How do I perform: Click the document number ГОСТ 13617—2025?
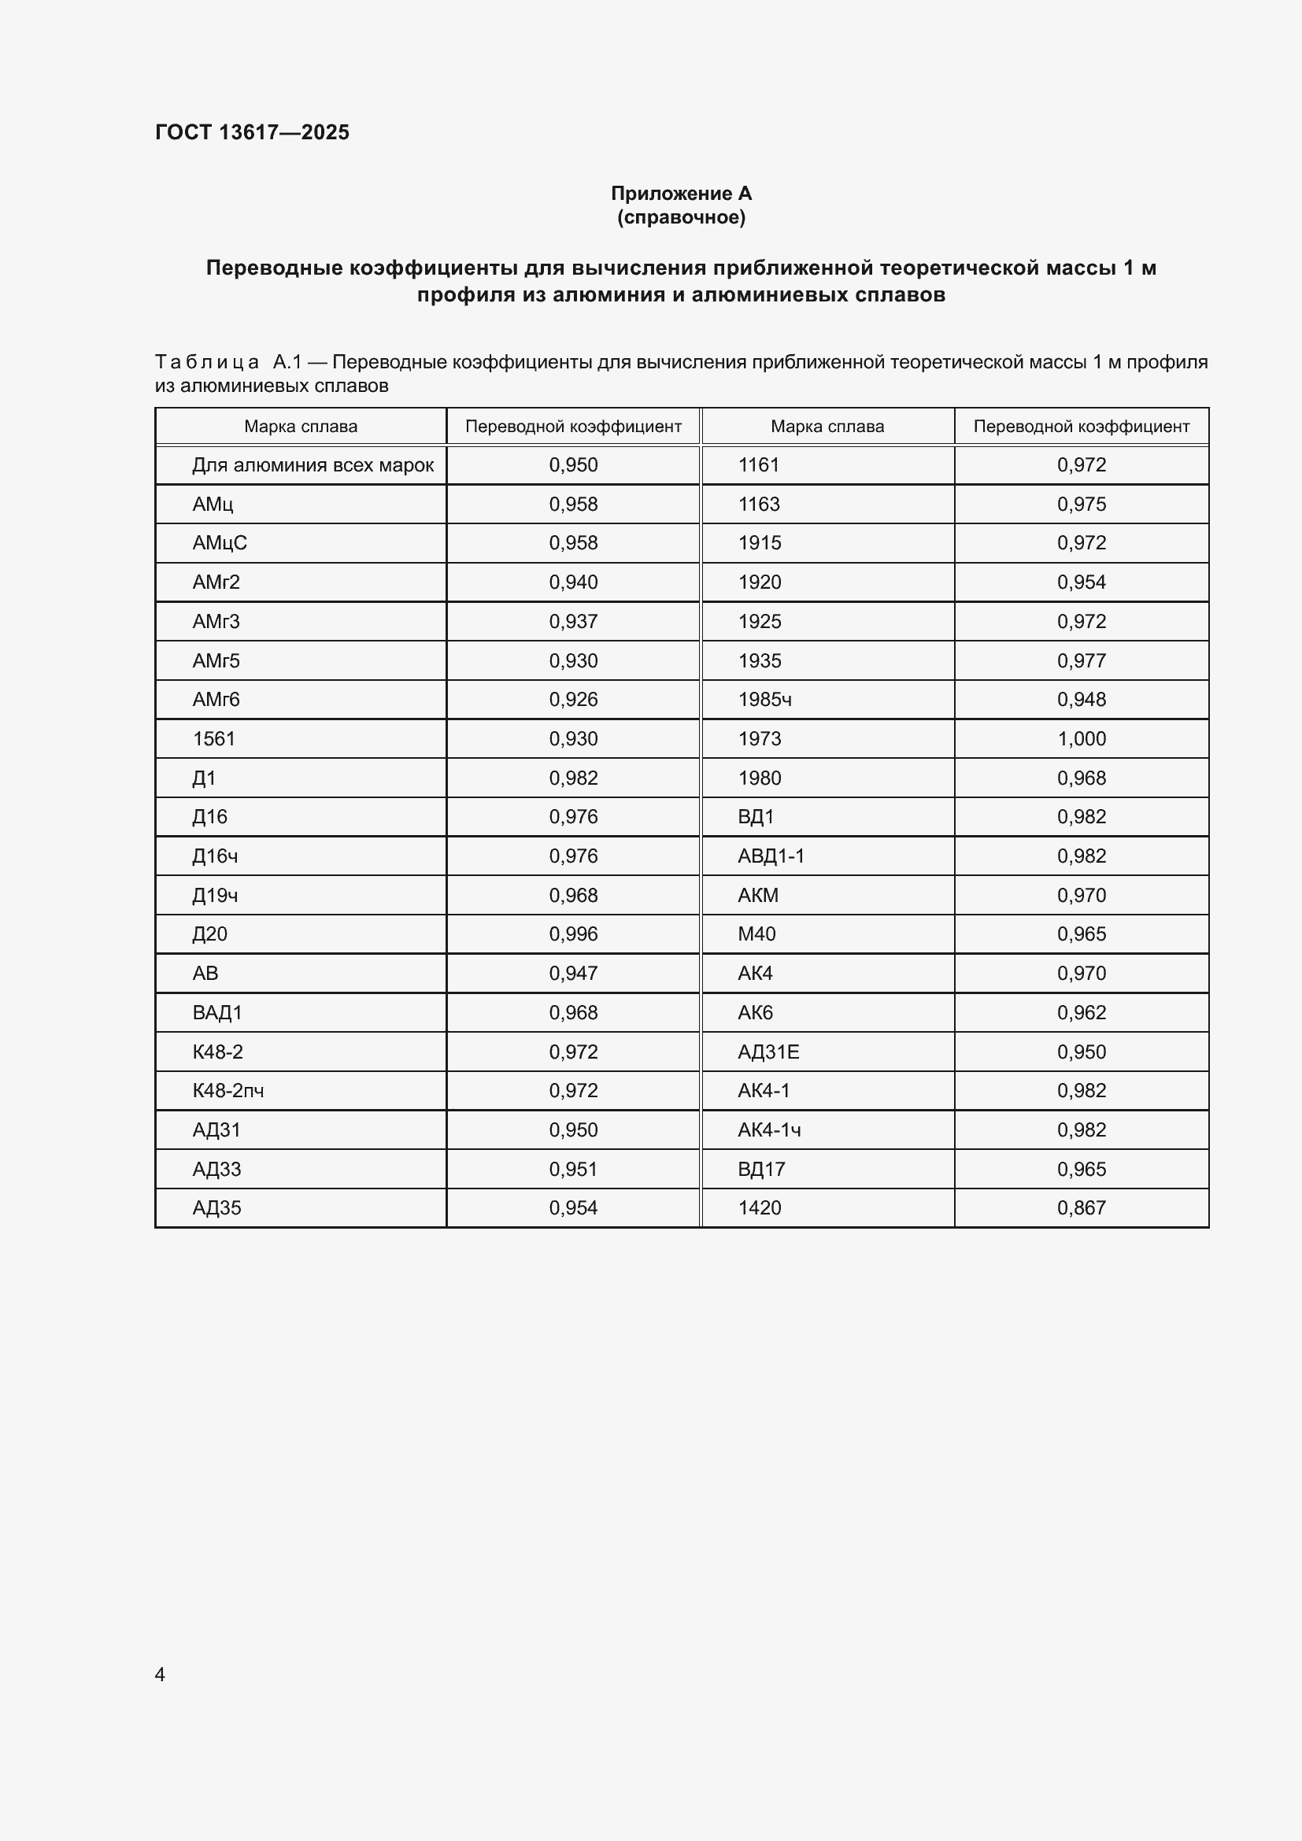[x=252, y=132]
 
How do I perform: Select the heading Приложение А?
[x=681, y=194]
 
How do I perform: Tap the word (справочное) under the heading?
[x=681, y=217]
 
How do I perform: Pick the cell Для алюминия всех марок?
[x=313, y=465]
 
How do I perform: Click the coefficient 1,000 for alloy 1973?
[x=1081, y=738]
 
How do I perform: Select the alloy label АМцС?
[x=220, y=543]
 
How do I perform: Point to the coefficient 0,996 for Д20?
[x=572, y=934]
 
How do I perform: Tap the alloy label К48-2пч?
[x=227, y=1090]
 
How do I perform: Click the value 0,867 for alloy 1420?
[x=1081, y=1207]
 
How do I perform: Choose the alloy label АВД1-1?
[x=771, y=856]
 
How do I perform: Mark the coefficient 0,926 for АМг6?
[x=572, y=699]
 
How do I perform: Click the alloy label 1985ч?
[x=764, y=699]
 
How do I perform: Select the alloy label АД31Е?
[x=768, y=1052]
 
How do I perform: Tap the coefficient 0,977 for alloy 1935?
[x=1081, y=660]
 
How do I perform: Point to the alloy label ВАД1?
[x=216, y=1013]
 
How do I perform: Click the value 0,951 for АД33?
[x=572, y=1169]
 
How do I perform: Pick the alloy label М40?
[x=756, y=934]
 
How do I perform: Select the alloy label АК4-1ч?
[x=769, y=1129]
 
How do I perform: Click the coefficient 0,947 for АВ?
[x=572, y=974]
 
